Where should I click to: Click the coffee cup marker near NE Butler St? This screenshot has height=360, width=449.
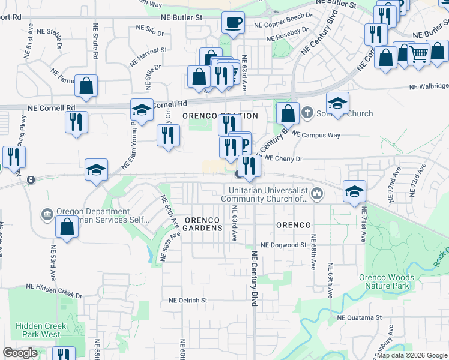(x=233, y=23)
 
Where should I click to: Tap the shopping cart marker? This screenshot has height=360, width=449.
(x=419, y=55)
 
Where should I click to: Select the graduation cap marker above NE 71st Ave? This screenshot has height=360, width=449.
(x=354, y=191)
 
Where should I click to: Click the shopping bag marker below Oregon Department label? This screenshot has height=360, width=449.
(x=67, y=227)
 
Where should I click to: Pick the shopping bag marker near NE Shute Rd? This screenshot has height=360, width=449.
(x=86, y=86)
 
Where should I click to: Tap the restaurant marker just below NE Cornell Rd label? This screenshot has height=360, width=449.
(x=76, y=122)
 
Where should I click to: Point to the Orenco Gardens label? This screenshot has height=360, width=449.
(x=203, y=224)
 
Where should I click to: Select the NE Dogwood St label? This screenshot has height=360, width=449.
(x=283, y=245)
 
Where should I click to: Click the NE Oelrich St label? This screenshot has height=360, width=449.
(x=188, y=300)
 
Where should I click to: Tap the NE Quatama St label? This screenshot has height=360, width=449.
(x=360, y=317)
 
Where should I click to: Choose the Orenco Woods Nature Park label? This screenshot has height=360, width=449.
(x=387, y=281)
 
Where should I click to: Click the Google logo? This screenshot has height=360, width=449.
(x=20, y=353)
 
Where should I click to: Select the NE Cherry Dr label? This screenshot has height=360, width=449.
(x=283, y=158)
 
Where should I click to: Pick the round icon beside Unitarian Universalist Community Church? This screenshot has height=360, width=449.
(x=317, y=193)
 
